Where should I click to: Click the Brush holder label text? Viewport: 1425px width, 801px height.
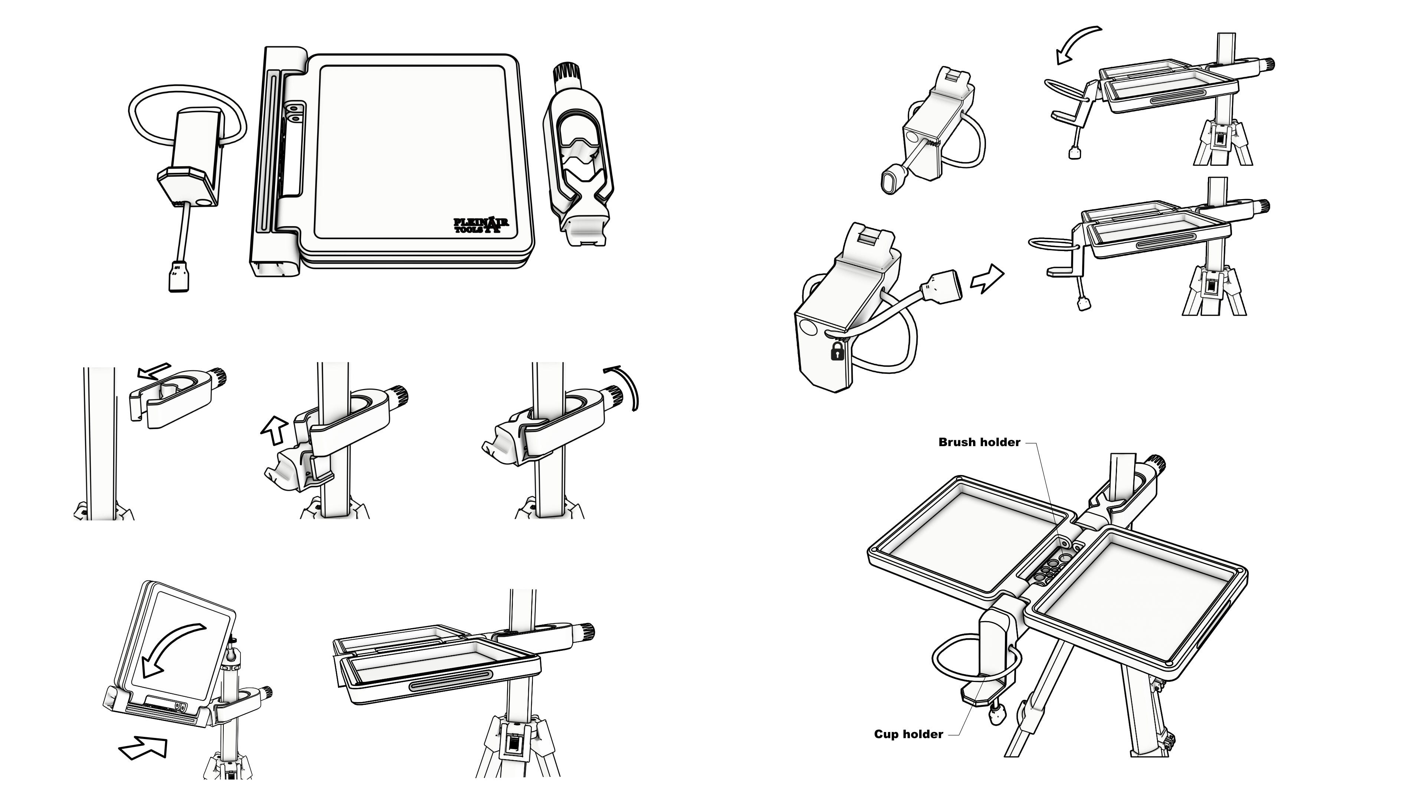click(979, 442)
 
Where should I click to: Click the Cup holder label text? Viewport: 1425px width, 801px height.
click(908, 734)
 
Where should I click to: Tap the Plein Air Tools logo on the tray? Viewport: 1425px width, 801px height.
click(481, 225)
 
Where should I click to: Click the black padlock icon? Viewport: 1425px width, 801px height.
click(838, 351)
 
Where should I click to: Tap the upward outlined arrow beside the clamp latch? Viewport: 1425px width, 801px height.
click(275, 431)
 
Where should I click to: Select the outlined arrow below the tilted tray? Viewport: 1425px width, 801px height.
click(143, 747)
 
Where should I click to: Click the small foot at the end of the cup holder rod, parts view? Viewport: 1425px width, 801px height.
click(178, 275)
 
